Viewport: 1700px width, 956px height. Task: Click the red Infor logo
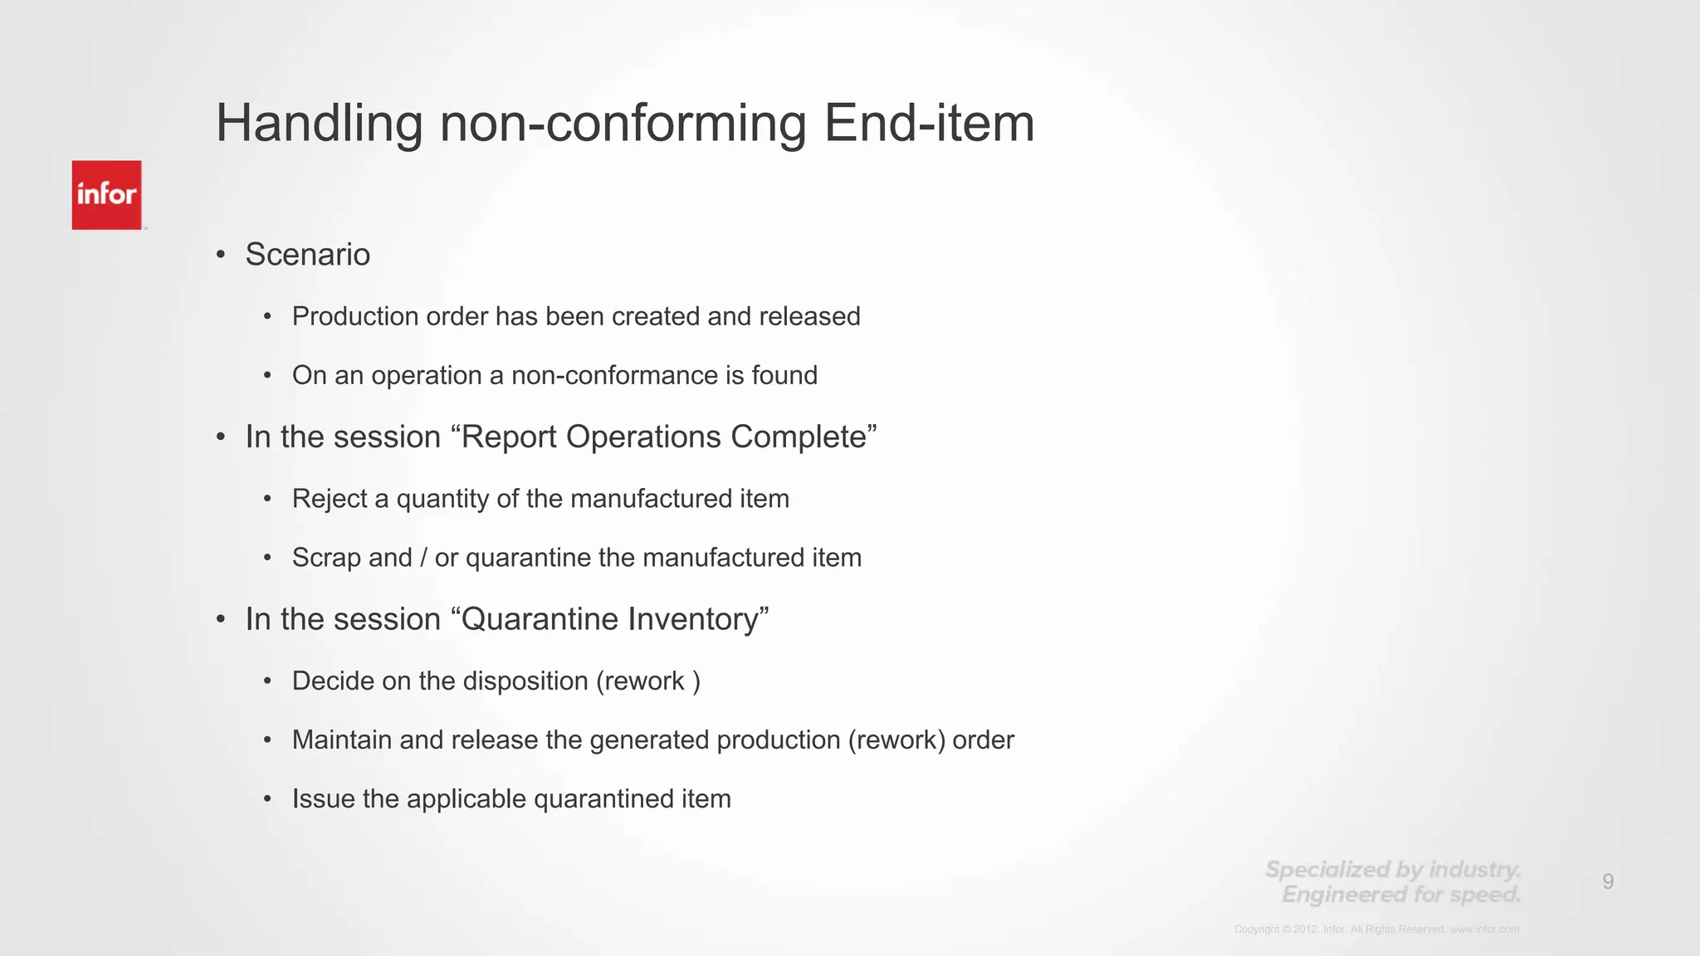(x=106, y=195)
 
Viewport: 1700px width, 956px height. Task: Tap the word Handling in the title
(x=320, y=124)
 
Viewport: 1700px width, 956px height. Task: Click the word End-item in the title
(x=929, y=124)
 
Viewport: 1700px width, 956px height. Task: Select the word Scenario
(x=307, y=255)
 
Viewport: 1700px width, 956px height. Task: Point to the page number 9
(x=1608, y=881)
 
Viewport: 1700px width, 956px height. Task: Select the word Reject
(x=330, y=499)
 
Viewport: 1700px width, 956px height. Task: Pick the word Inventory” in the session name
(x=698, y=619)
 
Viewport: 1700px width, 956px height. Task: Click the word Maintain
(x=342, y=739)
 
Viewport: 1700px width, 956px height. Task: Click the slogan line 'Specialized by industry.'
(x=1392, y=870)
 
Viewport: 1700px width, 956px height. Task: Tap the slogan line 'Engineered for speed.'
(x=1400, y=895)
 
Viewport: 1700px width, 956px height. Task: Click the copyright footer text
(x=1376, y=929)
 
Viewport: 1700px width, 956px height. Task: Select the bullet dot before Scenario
(x=221, y=255)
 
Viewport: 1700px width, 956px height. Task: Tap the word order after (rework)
(x=983, y=739)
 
